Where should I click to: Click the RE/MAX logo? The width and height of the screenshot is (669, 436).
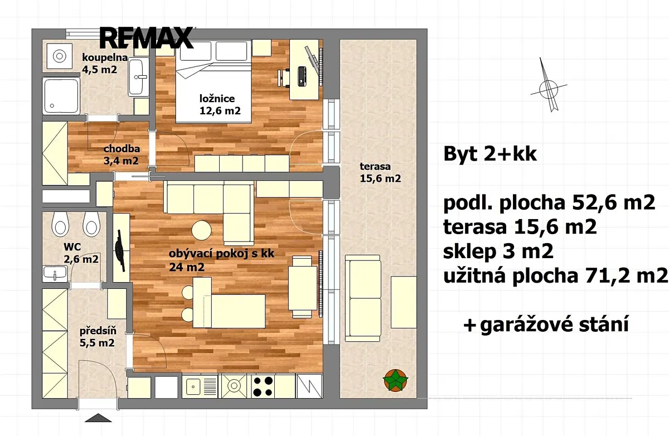coord(146,38)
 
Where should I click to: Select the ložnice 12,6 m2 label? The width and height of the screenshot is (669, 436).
coord(220,104)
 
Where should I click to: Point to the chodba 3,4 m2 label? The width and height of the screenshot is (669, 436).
coord(122,154)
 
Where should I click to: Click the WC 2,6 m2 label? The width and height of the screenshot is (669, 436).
coord(81,253)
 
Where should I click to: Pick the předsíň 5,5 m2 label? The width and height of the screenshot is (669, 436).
coord(98,337)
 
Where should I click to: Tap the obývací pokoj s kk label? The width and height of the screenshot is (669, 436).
coord(221,254)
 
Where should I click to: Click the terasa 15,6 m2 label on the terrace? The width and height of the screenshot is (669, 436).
coord(380,172)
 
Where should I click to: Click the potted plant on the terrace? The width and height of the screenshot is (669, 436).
coord(396,380)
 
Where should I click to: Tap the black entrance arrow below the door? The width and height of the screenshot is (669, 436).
coord(98,418)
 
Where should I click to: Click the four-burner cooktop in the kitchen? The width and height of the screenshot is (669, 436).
coord(263,386)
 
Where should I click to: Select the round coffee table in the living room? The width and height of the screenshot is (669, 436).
coord(202,230)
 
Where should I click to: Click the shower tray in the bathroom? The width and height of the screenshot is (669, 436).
coord(61,96)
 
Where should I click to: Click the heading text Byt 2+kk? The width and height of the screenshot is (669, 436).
coord(490,154)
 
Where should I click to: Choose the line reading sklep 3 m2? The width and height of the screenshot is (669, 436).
coord(498,251)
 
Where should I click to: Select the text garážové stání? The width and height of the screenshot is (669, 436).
coord(554,324)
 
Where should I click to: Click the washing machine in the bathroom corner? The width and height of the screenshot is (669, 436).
coord(60,56)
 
